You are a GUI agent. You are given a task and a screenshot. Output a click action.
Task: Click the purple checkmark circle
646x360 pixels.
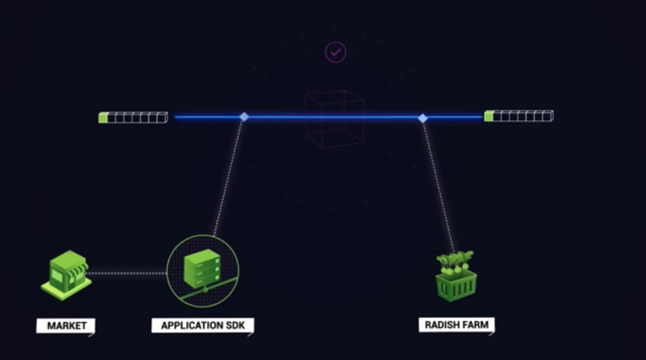(335, 52)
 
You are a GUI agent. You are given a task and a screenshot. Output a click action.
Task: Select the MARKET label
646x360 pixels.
(66, 326)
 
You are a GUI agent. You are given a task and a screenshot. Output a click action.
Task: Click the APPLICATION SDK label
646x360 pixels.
(203, 326)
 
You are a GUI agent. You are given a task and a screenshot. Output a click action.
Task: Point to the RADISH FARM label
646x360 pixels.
(457, 325)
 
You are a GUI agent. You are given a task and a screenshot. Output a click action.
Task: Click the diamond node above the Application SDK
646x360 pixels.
(244, 117)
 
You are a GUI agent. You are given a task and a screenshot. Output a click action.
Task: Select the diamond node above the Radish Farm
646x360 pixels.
(423, 118)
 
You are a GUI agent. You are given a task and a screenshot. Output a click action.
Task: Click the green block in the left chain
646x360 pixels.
(103, 118)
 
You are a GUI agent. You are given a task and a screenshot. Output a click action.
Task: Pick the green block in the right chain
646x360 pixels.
(488, 116)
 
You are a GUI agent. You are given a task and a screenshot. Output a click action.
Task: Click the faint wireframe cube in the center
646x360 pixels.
(333, 120)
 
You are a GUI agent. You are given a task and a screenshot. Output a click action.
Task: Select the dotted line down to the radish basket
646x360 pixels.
(439, 186)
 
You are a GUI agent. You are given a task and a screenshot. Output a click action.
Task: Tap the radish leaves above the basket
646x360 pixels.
(456, 260)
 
